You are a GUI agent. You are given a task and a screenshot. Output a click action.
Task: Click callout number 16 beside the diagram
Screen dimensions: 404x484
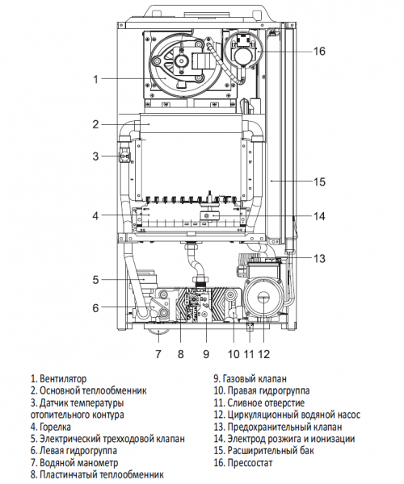[319, 51]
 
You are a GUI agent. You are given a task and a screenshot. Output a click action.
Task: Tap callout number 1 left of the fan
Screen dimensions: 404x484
[95, 79]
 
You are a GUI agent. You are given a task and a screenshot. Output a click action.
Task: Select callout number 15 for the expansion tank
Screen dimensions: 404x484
[319, 181]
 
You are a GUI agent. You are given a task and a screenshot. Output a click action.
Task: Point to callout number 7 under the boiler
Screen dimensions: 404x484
[158, 354]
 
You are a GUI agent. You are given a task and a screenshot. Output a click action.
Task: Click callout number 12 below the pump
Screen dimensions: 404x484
[263, 354]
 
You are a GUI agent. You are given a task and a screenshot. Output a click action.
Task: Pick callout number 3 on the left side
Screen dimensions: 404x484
[95, 156]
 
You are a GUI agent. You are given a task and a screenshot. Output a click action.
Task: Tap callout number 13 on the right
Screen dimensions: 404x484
[319, 258]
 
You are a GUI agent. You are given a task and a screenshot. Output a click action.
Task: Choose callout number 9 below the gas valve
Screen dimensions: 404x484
[206, 354]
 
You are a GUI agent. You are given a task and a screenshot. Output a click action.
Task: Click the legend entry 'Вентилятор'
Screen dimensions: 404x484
[63, 378]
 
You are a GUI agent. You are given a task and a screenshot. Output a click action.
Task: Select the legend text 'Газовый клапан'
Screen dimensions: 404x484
[255, 378]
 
